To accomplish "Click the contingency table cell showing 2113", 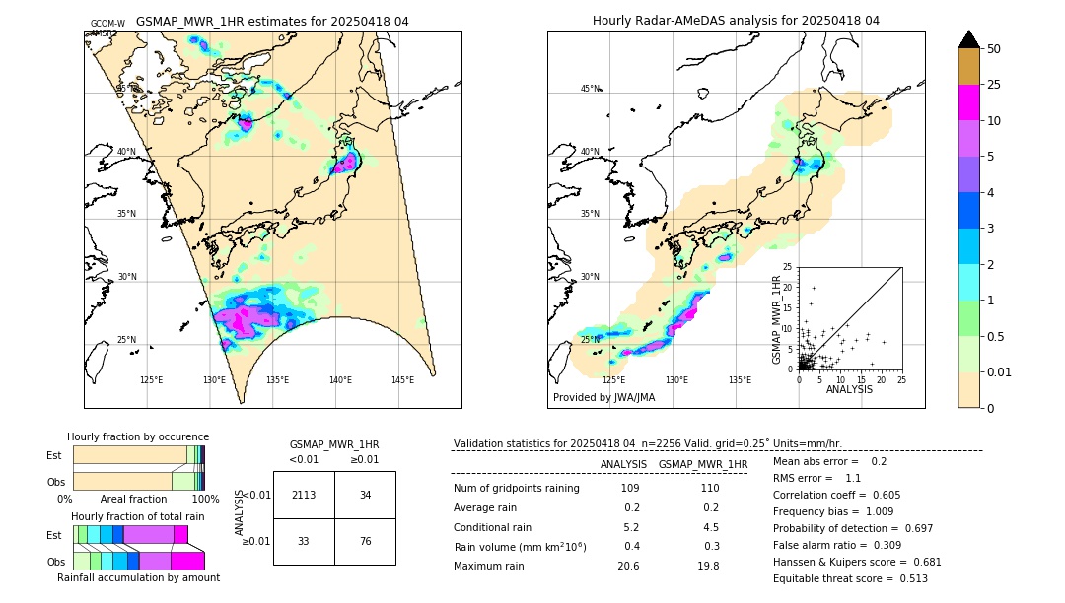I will (x=304, y=495).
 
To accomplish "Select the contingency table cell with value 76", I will (x=365, y=541).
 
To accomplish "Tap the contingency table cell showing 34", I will (x=365, y=495).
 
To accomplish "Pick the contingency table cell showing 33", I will (x=304, y=541).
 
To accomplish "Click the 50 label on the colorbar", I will (x=994, y=49).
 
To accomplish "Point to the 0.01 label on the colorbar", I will (x=1000, y=371).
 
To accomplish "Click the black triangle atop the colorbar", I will (x=969, y=39).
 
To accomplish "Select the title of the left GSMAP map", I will (x=272, y=21).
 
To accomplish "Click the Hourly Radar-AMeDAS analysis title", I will (x=736, y=21).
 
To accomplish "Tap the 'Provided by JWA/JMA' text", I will (x=603, y=397).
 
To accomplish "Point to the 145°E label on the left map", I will (x=402, y=380).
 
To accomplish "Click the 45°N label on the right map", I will (x=590, y=89).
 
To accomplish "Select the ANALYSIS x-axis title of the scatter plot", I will (x=850, y=390).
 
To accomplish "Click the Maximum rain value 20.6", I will (x=628, y=566).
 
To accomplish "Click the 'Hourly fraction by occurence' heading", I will (x=138, y=436).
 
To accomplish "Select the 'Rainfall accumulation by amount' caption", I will (x=138, y=577).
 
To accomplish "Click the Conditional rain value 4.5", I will (x=708, y=526).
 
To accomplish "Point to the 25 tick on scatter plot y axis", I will (x=786, y=267).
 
